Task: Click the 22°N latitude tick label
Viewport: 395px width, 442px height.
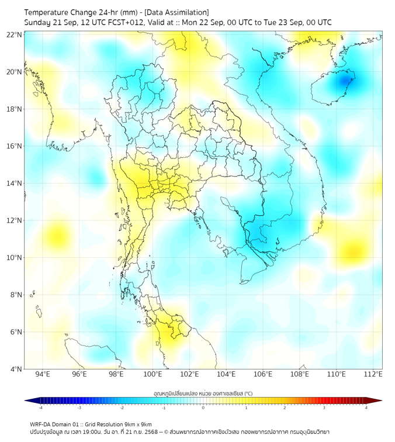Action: tap(15, 34)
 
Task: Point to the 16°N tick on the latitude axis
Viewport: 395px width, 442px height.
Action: tap(15, 146)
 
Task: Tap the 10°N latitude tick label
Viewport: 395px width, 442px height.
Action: tap(15, 258)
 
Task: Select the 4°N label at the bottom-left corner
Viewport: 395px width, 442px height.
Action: tap(16, 369)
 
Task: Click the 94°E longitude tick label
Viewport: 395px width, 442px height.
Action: tap(43, 374)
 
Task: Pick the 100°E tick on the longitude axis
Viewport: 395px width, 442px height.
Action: tap(153, 374)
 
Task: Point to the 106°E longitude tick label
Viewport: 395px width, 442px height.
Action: tap(263, 374)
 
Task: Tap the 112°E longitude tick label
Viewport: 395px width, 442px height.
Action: tap(373, 374)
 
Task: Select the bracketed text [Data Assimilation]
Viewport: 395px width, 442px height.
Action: tap(176, 12)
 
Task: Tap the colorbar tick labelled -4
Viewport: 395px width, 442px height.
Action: tap(40, 408)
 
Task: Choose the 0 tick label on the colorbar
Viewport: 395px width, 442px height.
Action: tap(203, 408)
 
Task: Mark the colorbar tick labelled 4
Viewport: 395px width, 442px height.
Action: tap(366, 408)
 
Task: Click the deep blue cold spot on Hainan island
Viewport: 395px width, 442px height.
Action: tap(348, 80)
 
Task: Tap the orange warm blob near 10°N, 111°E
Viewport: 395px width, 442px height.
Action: tap(352, 251)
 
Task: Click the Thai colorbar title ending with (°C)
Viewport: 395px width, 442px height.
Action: tap(203, 393)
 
